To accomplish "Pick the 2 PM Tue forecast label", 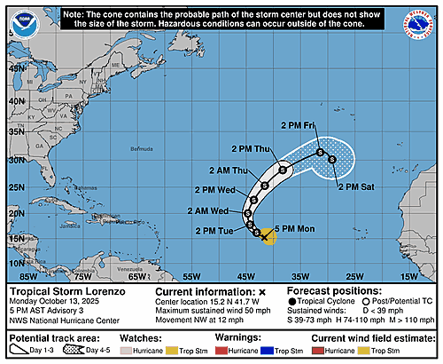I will tap(215, 232).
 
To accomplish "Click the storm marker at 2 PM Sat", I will tap(331, 160).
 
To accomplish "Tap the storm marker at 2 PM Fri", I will tap(319, 153).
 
